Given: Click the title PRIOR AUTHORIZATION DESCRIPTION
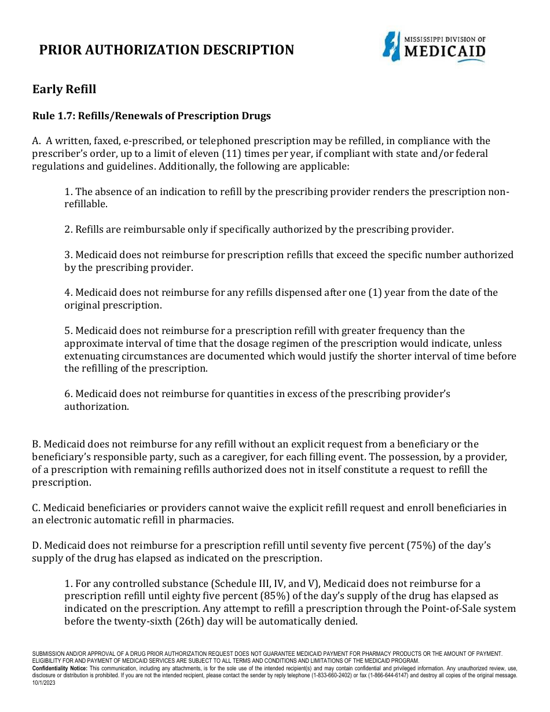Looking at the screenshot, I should (x=166, y=50).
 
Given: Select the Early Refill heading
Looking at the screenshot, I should (x=64, y=89).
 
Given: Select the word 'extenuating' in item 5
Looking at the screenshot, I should (x=90, y=356).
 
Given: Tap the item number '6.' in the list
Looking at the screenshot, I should (x=68, y=394).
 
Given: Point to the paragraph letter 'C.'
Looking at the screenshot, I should (x=36, y=508).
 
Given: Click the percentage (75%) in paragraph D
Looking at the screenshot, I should (x=426, y=545).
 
